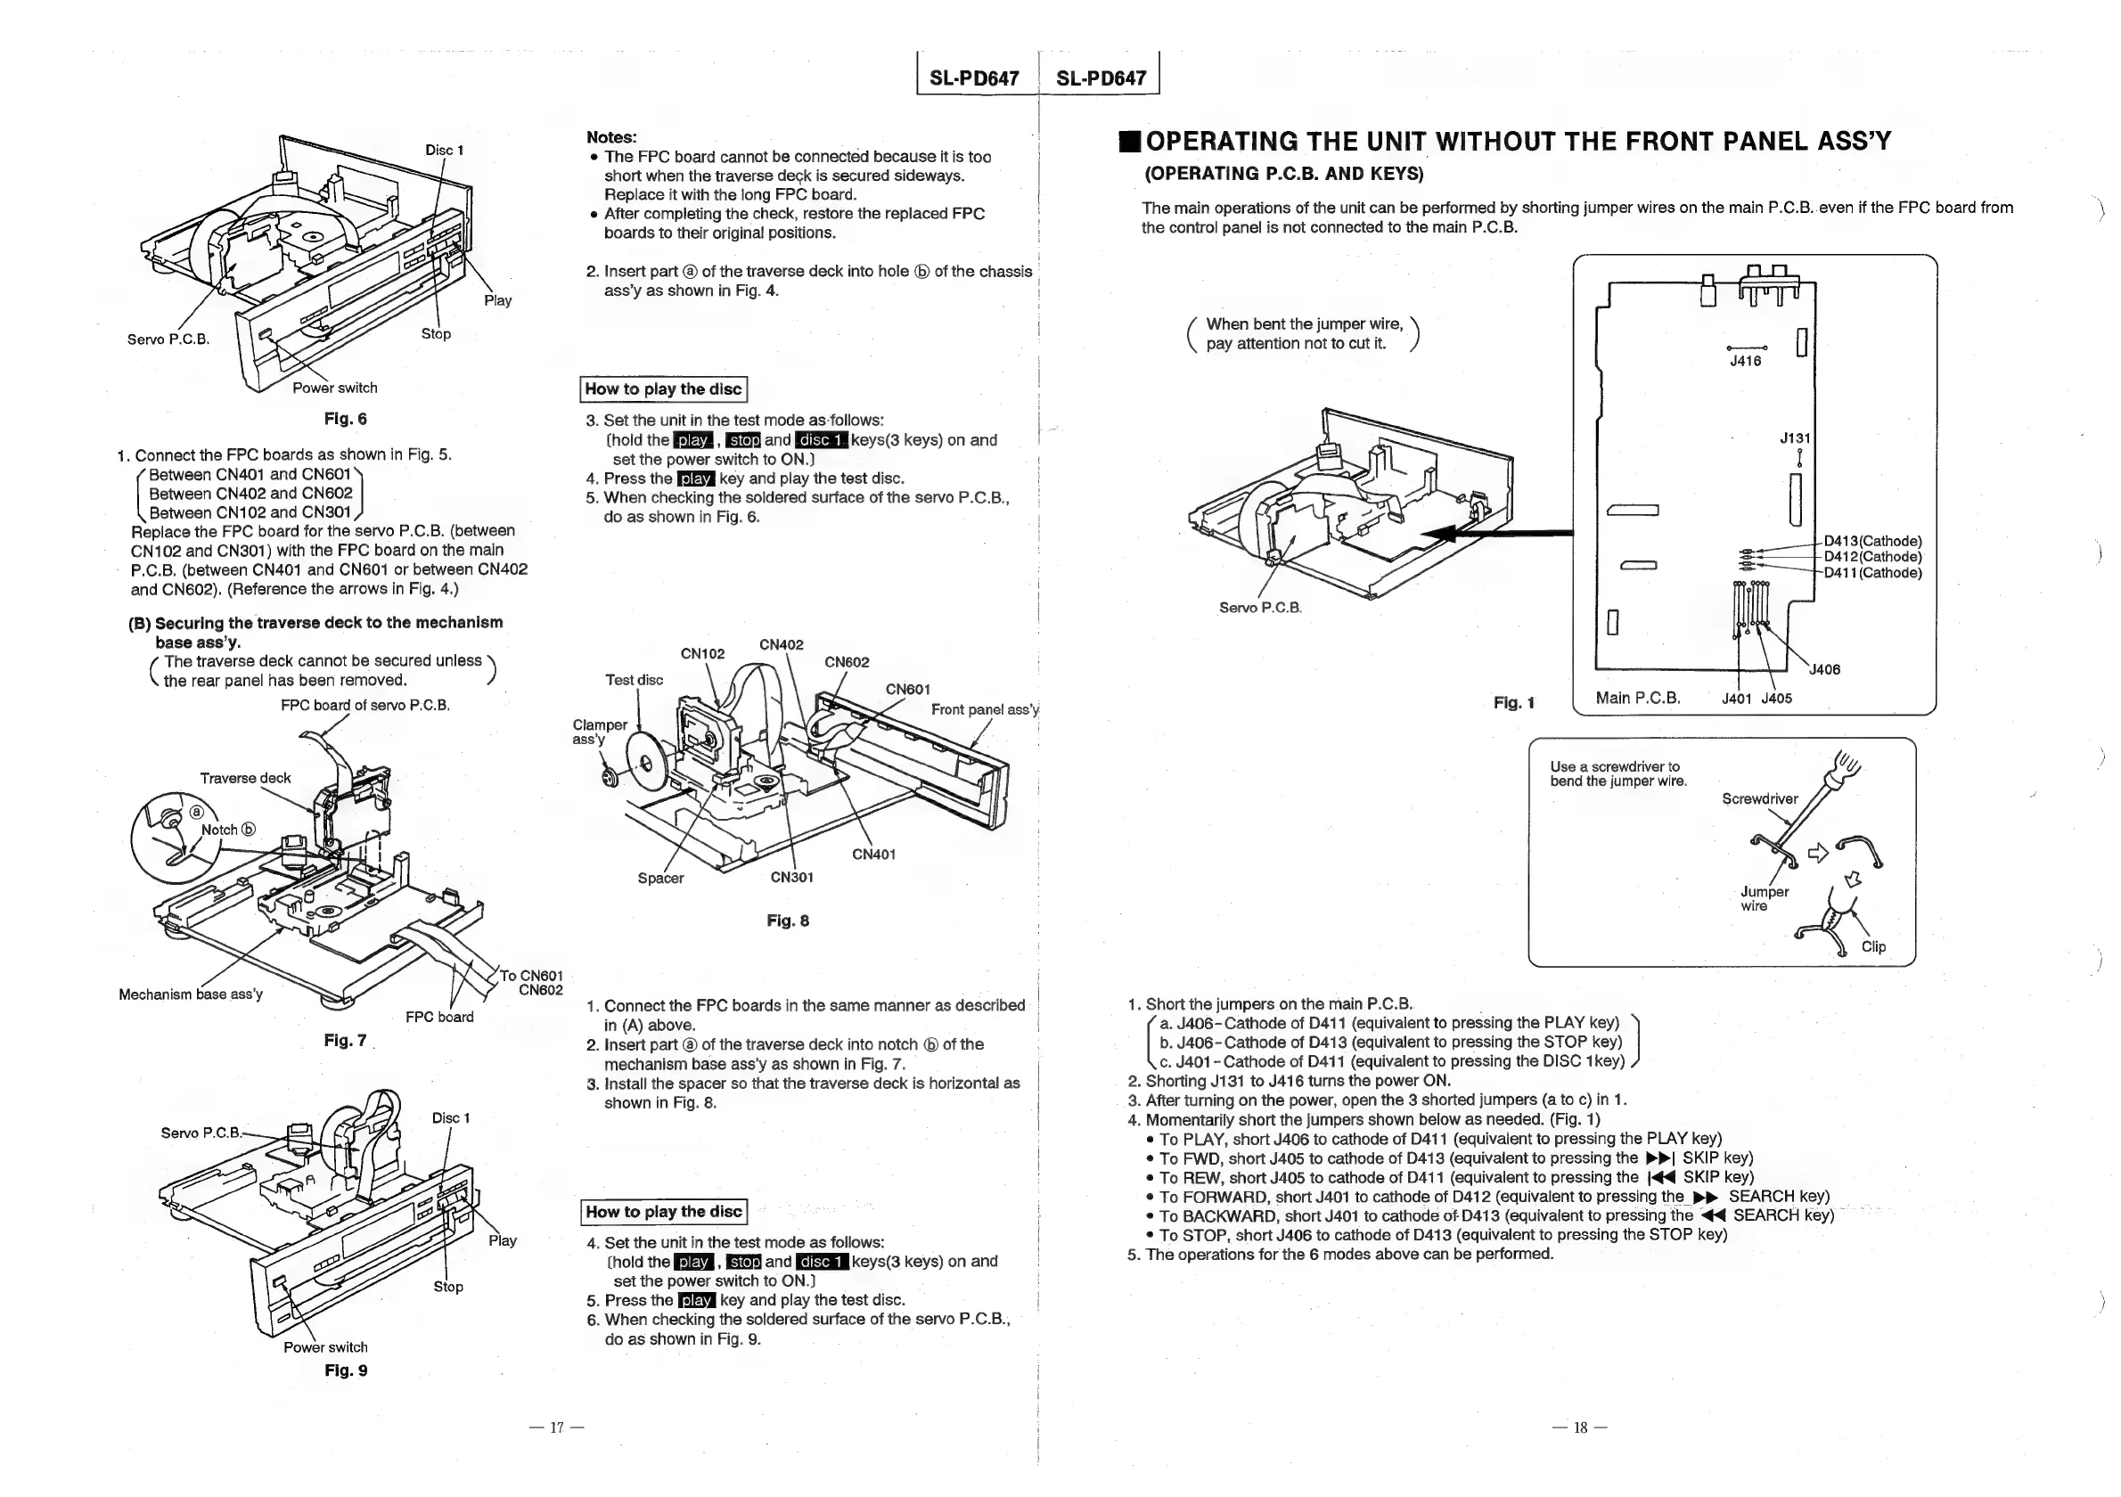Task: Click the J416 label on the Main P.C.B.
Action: coord(1745,361)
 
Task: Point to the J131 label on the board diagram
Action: coord(1795,438)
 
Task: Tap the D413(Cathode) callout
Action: coord(1872,541)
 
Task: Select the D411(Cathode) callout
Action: coord(1872,573)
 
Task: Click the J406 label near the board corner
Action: coord(1823,669)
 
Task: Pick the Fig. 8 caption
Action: coord(787,920)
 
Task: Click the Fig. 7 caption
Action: coord(345,1041)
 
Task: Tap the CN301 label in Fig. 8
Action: coord(791,878)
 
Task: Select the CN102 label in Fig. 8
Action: coord(702,654)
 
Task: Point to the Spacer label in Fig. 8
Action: coord(660,879)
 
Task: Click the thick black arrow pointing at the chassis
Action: coord(1496,533)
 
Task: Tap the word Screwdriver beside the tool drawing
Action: coord(1759,798)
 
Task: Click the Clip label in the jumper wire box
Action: coord(1873,946)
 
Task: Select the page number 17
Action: coord(557,1427)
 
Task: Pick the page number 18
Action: coord(1580,1427)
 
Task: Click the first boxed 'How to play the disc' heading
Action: coord(663,389)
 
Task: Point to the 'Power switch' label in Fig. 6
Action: coord(334,388)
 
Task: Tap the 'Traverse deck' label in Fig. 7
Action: coord(245,778)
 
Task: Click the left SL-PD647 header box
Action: coord(974,78)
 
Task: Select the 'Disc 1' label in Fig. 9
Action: coord(451,1118)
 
